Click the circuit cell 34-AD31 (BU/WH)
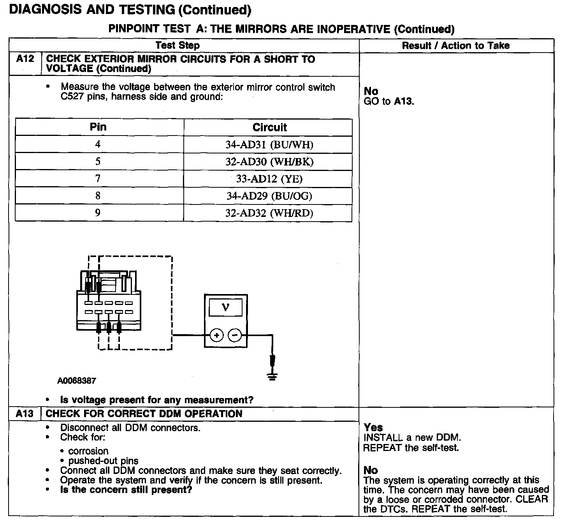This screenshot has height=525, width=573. point(269,145)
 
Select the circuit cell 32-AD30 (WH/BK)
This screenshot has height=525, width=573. point(269,162)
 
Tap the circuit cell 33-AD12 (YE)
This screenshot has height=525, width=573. point(269,179)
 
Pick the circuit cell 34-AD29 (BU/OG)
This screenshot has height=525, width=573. point(269,196)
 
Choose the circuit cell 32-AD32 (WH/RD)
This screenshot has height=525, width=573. point(269,213)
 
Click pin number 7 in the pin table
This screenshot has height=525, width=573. point(98,179)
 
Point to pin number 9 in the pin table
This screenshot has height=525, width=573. point(98,213)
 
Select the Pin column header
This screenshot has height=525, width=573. point(98,127)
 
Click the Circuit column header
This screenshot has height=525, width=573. point(269,127)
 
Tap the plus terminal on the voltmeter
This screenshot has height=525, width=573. point(217,335)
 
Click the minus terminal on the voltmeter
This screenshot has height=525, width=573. point(234,335)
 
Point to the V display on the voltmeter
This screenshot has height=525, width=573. point(226,308)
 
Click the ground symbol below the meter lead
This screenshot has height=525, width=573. point(272,376)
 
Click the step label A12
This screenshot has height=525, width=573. point(25,59)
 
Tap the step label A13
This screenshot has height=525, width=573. point(25,414)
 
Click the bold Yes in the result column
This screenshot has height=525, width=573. point(373,428)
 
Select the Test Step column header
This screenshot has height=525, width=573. point(178,46)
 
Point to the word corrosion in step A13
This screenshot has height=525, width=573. point(88,451)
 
